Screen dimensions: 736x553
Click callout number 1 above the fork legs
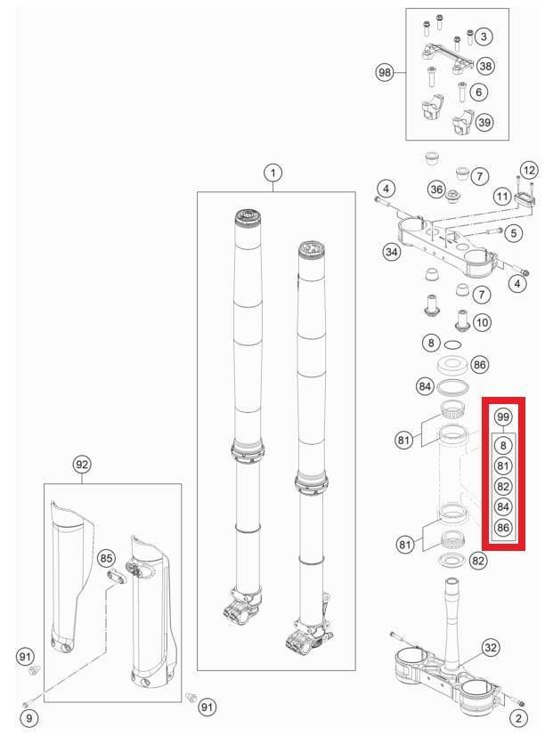point(272,172)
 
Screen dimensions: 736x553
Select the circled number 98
point(385,73)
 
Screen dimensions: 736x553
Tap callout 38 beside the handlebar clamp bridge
point(483,36)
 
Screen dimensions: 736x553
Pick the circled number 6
point(479,92)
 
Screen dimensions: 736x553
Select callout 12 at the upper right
point(529,169)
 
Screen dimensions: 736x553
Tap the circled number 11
point(502,195)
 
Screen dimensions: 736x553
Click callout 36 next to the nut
point(436,189)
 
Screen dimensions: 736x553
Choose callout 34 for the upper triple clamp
point(391,253)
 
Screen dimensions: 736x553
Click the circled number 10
point(481,321)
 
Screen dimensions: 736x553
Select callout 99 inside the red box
point(503,417)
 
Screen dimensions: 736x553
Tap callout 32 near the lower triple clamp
point(490,647)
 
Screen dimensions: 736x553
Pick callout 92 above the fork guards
point(82,465)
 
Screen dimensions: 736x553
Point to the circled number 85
point(107,559)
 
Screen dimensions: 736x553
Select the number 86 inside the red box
point(503,529)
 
